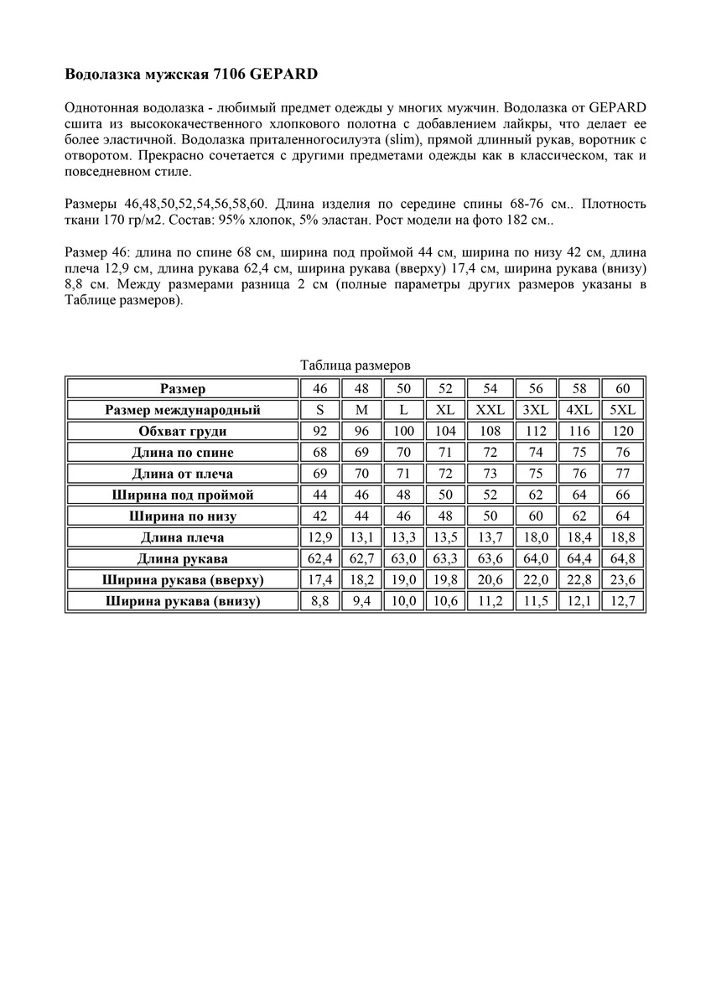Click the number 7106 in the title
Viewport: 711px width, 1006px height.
pyautogui.click(x=226, y=75)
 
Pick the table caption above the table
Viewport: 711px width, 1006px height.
pyautogui.click(x=355, y=366)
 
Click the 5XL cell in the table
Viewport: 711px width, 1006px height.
pyautogui.click(x=622, y=410)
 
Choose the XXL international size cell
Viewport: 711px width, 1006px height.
pyautogui.click(x=490, y=410)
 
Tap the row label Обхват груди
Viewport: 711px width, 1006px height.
pyautogui.click(x=183, y=432)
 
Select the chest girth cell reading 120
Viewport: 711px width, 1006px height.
pyautogui.click(x=622, y=432)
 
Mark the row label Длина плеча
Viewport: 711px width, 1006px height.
pyautogui.click(x=183, y=537)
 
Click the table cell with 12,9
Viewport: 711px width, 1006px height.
pyautogui.click(x=319, y=537)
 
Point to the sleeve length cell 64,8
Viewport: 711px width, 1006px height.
pyautogui.click(x=622, y=558)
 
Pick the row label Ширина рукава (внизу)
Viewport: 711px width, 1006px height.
pyautogui.click(x=183, y=601)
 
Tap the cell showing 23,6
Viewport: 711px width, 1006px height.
pyautogui.click(x=622, y=579)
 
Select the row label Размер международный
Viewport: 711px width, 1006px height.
pyautogui.click(x=183, y=410)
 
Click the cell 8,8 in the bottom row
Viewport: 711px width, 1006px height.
pyautogui.click(x=319, y=601)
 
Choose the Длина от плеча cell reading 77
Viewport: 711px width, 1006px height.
pyautogui.click(x=622, y=474)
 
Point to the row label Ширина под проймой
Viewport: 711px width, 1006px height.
pyautogui.click(x=183, y=495)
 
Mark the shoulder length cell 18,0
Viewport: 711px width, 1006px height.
pyautogui.click(x=536, y=537)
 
